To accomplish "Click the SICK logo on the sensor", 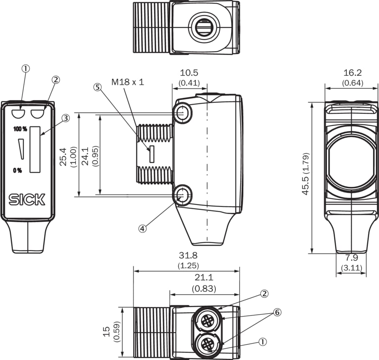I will (27, 199).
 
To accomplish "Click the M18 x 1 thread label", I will (127, 82).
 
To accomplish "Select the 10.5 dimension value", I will (189, 73).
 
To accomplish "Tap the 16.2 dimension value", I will (352, 73).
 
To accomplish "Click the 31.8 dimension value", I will (188, 256).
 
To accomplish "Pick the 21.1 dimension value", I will (204, 278).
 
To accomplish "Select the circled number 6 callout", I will (276, 312).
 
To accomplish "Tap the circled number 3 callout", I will (66, 118).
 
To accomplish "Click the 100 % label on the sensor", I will (20, 129).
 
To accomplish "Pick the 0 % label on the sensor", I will (17, 170).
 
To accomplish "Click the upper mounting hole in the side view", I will (182, 114).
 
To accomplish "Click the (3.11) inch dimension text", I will (352, 267).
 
